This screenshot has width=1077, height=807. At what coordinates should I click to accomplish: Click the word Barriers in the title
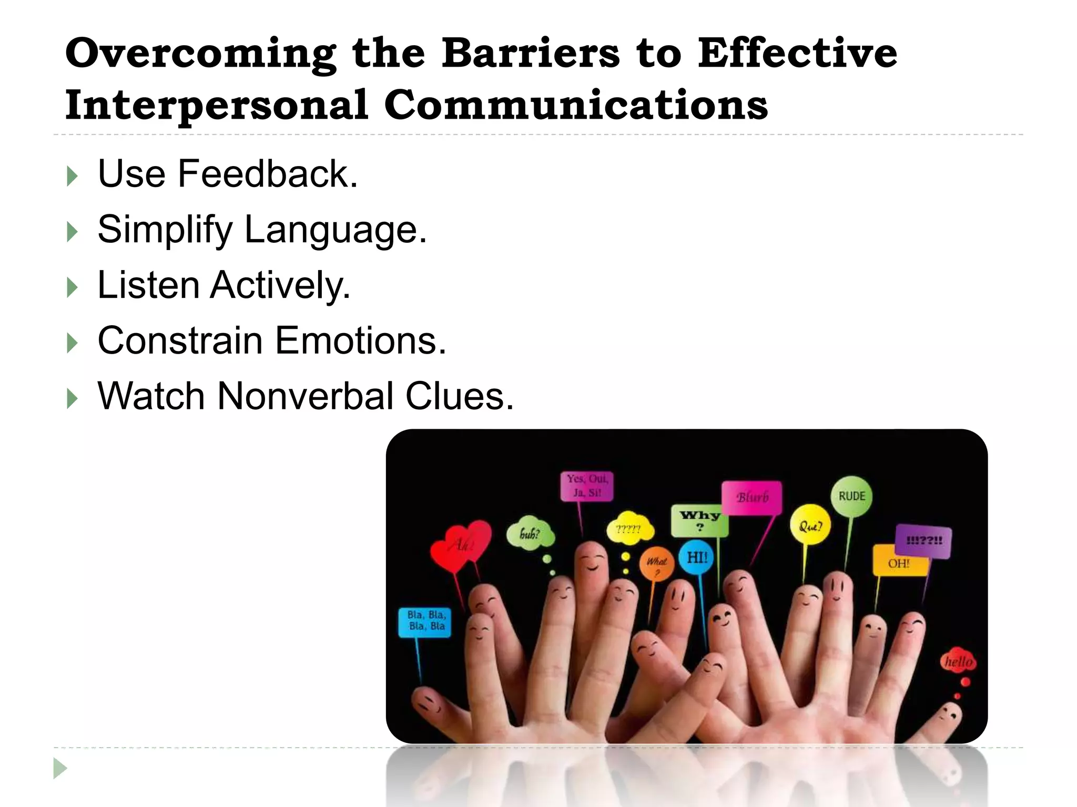tap(530, 54)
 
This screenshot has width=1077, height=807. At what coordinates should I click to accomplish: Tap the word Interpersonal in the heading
tap(216, 104)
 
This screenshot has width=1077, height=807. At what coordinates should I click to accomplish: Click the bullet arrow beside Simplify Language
tap(73, 231)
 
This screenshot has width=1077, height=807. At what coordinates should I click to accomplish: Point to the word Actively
tap(280, 285)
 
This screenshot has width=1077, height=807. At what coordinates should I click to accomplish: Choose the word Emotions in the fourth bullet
tap(360, 340)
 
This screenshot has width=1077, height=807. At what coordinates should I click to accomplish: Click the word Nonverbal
tap(306, 396)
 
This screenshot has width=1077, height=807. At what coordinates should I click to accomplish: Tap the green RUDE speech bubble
tap(851, 496)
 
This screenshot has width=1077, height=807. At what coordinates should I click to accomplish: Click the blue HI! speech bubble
tap(697, 557)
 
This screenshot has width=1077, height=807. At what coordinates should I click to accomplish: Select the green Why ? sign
tap(699, 520)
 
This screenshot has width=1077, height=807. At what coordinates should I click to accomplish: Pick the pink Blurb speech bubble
tap(751, 497)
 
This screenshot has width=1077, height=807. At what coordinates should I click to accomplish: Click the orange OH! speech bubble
tap(899, 563)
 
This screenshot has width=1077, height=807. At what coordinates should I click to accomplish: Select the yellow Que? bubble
tap(810, 525)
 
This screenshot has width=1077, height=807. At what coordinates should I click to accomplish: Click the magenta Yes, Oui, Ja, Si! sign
tap(587, 486)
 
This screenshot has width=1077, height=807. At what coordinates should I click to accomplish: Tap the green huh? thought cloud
tap(530, 535)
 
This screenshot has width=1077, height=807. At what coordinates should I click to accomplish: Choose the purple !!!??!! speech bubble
tap(924, 541)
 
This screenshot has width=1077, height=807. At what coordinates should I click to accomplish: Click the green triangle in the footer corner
tap(60, 768)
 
